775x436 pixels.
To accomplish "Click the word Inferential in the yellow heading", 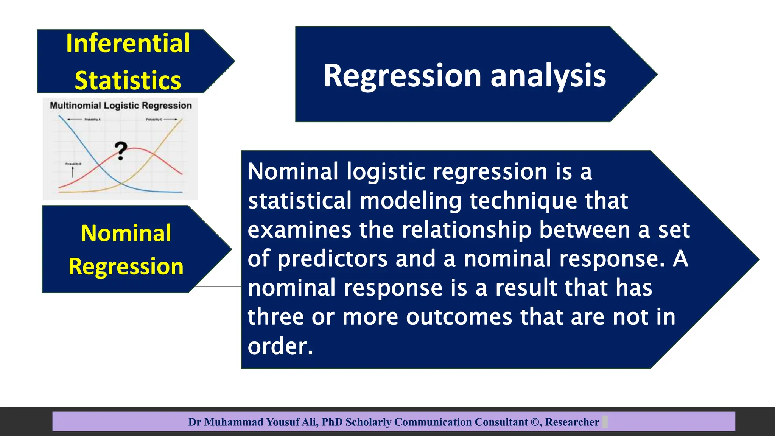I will (128, 43).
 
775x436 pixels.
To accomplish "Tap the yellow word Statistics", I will (128, 80).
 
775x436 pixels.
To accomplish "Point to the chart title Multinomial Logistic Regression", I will (121, 106).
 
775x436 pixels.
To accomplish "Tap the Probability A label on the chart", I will (92, 120).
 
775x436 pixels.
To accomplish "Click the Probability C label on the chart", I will (154, 120).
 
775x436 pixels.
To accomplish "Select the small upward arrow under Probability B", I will (73, 172).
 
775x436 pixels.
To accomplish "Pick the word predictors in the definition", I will (333, 259).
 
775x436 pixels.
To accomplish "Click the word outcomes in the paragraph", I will (459, 317).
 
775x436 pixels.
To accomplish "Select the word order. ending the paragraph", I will (280, 346).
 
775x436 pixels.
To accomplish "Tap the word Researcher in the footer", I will (572, 422).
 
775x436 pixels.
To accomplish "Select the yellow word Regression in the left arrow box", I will (126, 266).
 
